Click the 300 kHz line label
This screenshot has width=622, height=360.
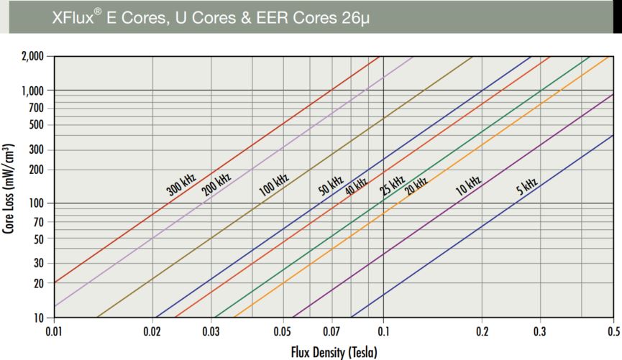(181, 185)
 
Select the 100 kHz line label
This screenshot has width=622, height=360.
(273, 186)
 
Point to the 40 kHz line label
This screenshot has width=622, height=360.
(356, 186)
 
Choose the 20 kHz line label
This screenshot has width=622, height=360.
(416, 186)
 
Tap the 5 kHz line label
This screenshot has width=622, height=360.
(526, 188)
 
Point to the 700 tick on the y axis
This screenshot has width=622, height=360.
(35, 108)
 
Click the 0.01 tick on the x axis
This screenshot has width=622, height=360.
(54, 332)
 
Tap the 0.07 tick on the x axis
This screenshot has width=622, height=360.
(332, 332)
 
